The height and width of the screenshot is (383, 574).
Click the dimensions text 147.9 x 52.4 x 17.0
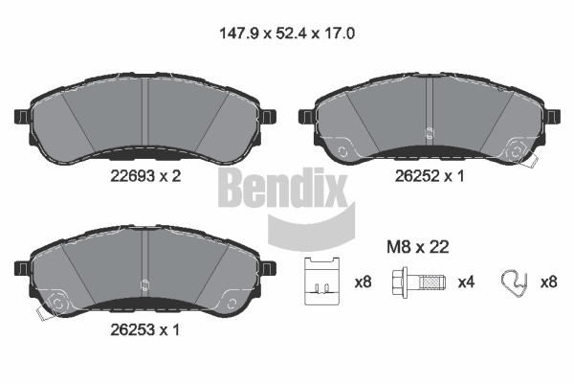tap(287, 34)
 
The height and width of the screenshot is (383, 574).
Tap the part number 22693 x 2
tap(145, 176)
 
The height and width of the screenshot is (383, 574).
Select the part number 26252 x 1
tap(430, 176)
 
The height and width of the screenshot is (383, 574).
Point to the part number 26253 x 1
tap(145, 330)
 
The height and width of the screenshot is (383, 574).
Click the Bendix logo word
tap(282, 188)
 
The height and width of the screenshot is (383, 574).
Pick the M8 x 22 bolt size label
tap(418, 247)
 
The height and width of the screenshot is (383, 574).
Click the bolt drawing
tap(418, 282)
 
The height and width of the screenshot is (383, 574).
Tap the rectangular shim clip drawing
tap(322, 282)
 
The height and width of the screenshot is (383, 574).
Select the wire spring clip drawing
tap(514, 282)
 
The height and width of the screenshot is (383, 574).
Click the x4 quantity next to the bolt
tap(466, 282)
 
